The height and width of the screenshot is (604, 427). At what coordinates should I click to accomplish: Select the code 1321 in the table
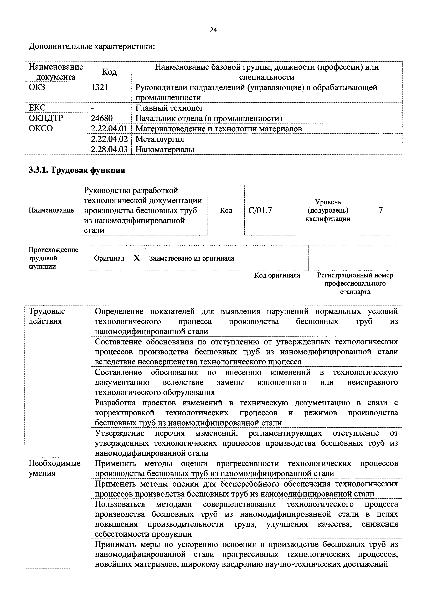pos(99,87)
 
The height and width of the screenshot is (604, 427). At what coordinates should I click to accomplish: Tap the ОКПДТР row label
pos(46,118)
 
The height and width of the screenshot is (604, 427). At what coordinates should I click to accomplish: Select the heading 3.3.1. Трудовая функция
pos(76,170)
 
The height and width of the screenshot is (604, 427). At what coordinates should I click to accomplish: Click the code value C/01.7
pos(260,210)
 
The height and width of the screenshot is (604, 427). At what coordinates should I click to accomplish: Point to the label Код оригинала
pos(277,275)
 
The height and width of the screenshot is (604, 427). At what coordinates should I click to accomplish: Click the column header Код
pos(109,72)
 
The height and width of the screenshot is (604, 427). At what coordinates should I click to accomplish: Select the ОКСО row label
pos(41,128)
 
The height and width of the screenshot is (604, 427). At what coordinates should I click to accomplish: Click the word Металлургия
pos(160,139)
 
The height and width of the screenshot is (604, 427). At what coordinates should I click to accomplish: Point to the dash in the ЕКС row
pos(93,108)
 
